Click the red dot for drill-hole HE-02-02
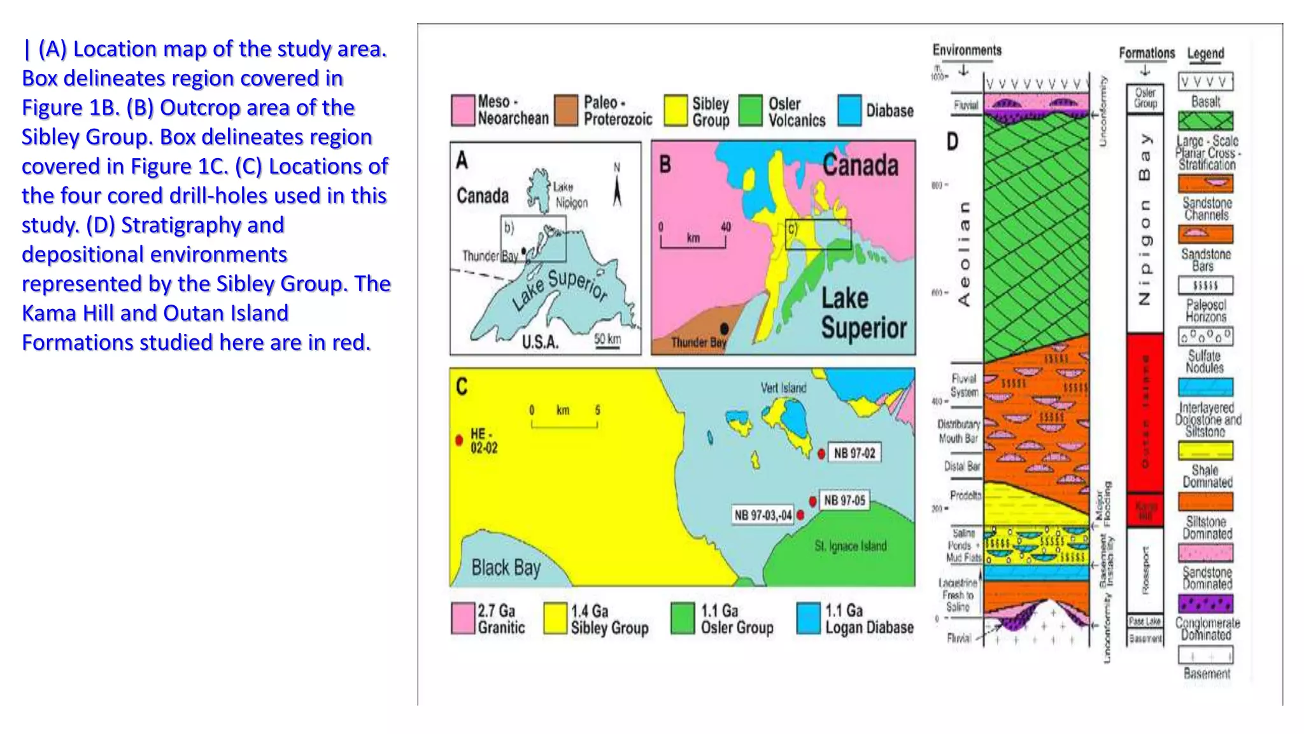459,440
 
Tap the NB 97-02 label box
854,453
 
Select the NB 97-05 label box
844,500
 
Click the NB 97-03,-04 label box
763,515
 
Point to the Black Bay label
506,567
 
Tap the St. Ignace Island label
851,546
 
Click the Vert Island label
783,387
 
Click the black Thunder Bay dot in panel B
724,329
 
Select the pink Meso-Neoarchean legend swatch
463,110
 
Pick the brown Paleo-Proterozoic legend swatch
566,110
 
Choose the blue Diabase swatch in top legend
849,110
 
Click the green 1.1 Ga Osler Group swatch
683,619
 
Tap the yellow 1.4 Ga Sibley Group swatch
555,619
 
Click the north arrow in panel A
616,189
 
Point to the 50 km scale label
607,338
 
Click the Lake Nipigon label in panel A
570,194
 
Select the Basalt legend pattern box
1205,82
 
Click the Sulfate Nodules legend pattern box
1205,336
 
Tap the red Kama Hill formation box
1145,510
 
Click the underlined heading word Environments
967,50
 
